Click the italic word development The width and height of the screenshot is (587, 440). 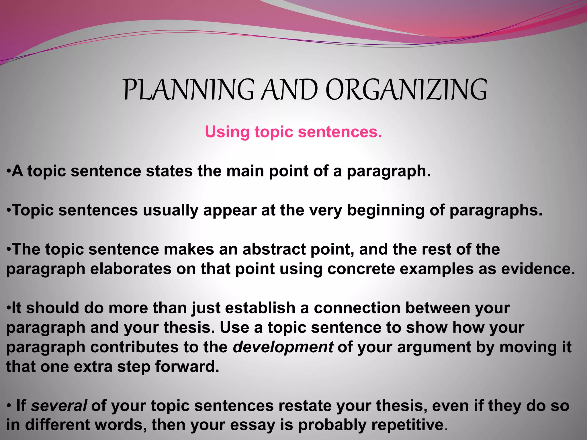283,347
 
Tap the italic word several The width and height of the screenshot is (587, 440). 59,406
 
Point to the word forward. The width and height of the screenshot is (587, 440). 187,367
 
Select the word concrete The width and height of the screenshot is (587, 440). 361,269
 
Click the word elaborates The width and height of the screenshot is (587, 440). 131,269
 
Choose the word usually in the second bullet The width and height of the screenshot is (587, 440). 171,211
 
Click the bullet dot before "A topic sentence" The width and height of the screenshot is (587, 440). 8,171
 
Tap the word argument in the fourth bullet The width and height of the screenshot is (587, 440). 434,347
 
